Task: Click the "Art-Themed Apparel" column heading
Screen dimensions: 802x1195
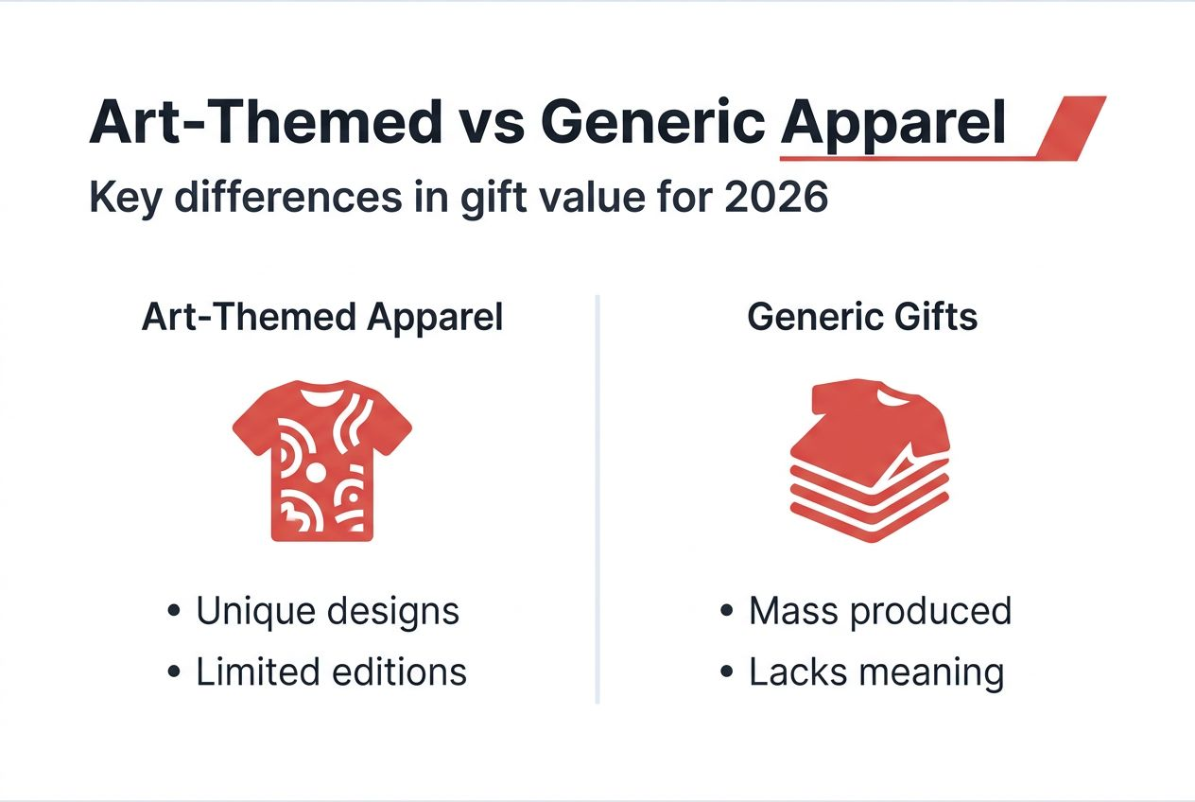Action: click(321, 318)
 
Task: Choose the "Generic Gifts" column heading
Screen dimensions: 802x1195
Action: click(862, 318)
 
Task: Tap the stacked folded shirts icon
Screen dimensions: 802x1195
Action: click(868, 461)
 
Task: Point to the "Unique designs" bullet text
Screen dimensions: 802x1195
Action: click(327, 611)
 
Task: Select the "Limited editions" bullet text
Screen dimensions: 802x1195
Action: click(331, 671)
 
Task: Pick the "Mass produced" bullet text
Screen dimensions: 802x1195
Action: click(879, 611)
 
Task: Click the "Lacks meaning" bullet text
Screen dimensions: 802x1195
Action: click(875, 671)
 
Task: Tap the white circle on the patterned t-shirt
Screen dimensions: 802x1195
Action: click(316, 471)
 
